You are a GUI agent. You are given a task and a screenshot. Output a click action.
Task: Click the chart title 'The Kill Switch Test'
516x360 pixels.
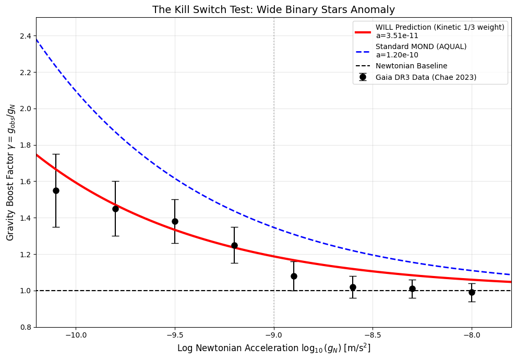click(273, 9)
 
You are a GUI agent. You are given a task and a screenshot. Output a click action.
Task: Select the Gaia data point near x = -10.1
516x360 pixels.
click(56, 190)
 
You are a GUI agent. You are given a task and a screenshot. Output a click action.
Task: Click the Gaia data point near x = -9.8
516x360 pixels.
click(115, 209)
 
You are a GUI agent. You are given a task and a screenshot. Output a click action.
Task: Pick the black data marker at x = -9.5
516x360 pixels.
click(175, 221)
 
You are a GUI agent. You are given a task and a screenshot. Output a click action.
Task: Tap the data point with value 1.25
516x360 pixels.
click(234, 245)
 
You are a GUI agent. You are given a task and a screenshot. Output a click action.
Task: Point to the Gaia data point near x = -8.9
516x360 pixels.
click(294, 276)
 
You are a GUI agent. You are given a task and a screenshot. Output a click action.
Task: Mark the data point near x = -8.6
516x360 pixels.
click(353, 287)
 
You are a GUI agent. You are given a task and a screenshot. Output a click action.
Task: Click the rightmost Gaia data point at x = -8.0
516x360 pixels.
click(472, 292)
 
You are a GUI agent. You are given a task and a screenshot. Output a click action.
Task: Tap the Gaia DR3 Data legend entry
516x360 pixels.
click(426, 77)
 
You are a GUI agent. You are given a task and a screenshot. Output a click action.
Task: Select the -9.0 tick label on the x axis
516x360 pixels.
click(273, 334)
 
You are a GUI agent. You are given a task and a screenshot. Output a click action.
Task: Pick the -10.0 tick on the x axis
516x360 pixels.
click(76, 334)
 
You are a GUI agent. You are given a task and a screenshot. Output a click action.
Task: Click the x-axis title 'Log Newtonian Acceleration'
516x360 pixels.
click(273, 348)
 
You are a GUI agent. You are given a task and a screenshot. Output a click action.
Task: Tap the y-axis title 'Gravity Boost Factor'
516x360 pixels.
click(10, 172)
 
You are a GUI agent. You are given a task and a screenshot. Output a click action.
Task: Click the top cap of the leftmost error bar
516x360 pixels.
click(56, 154)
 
